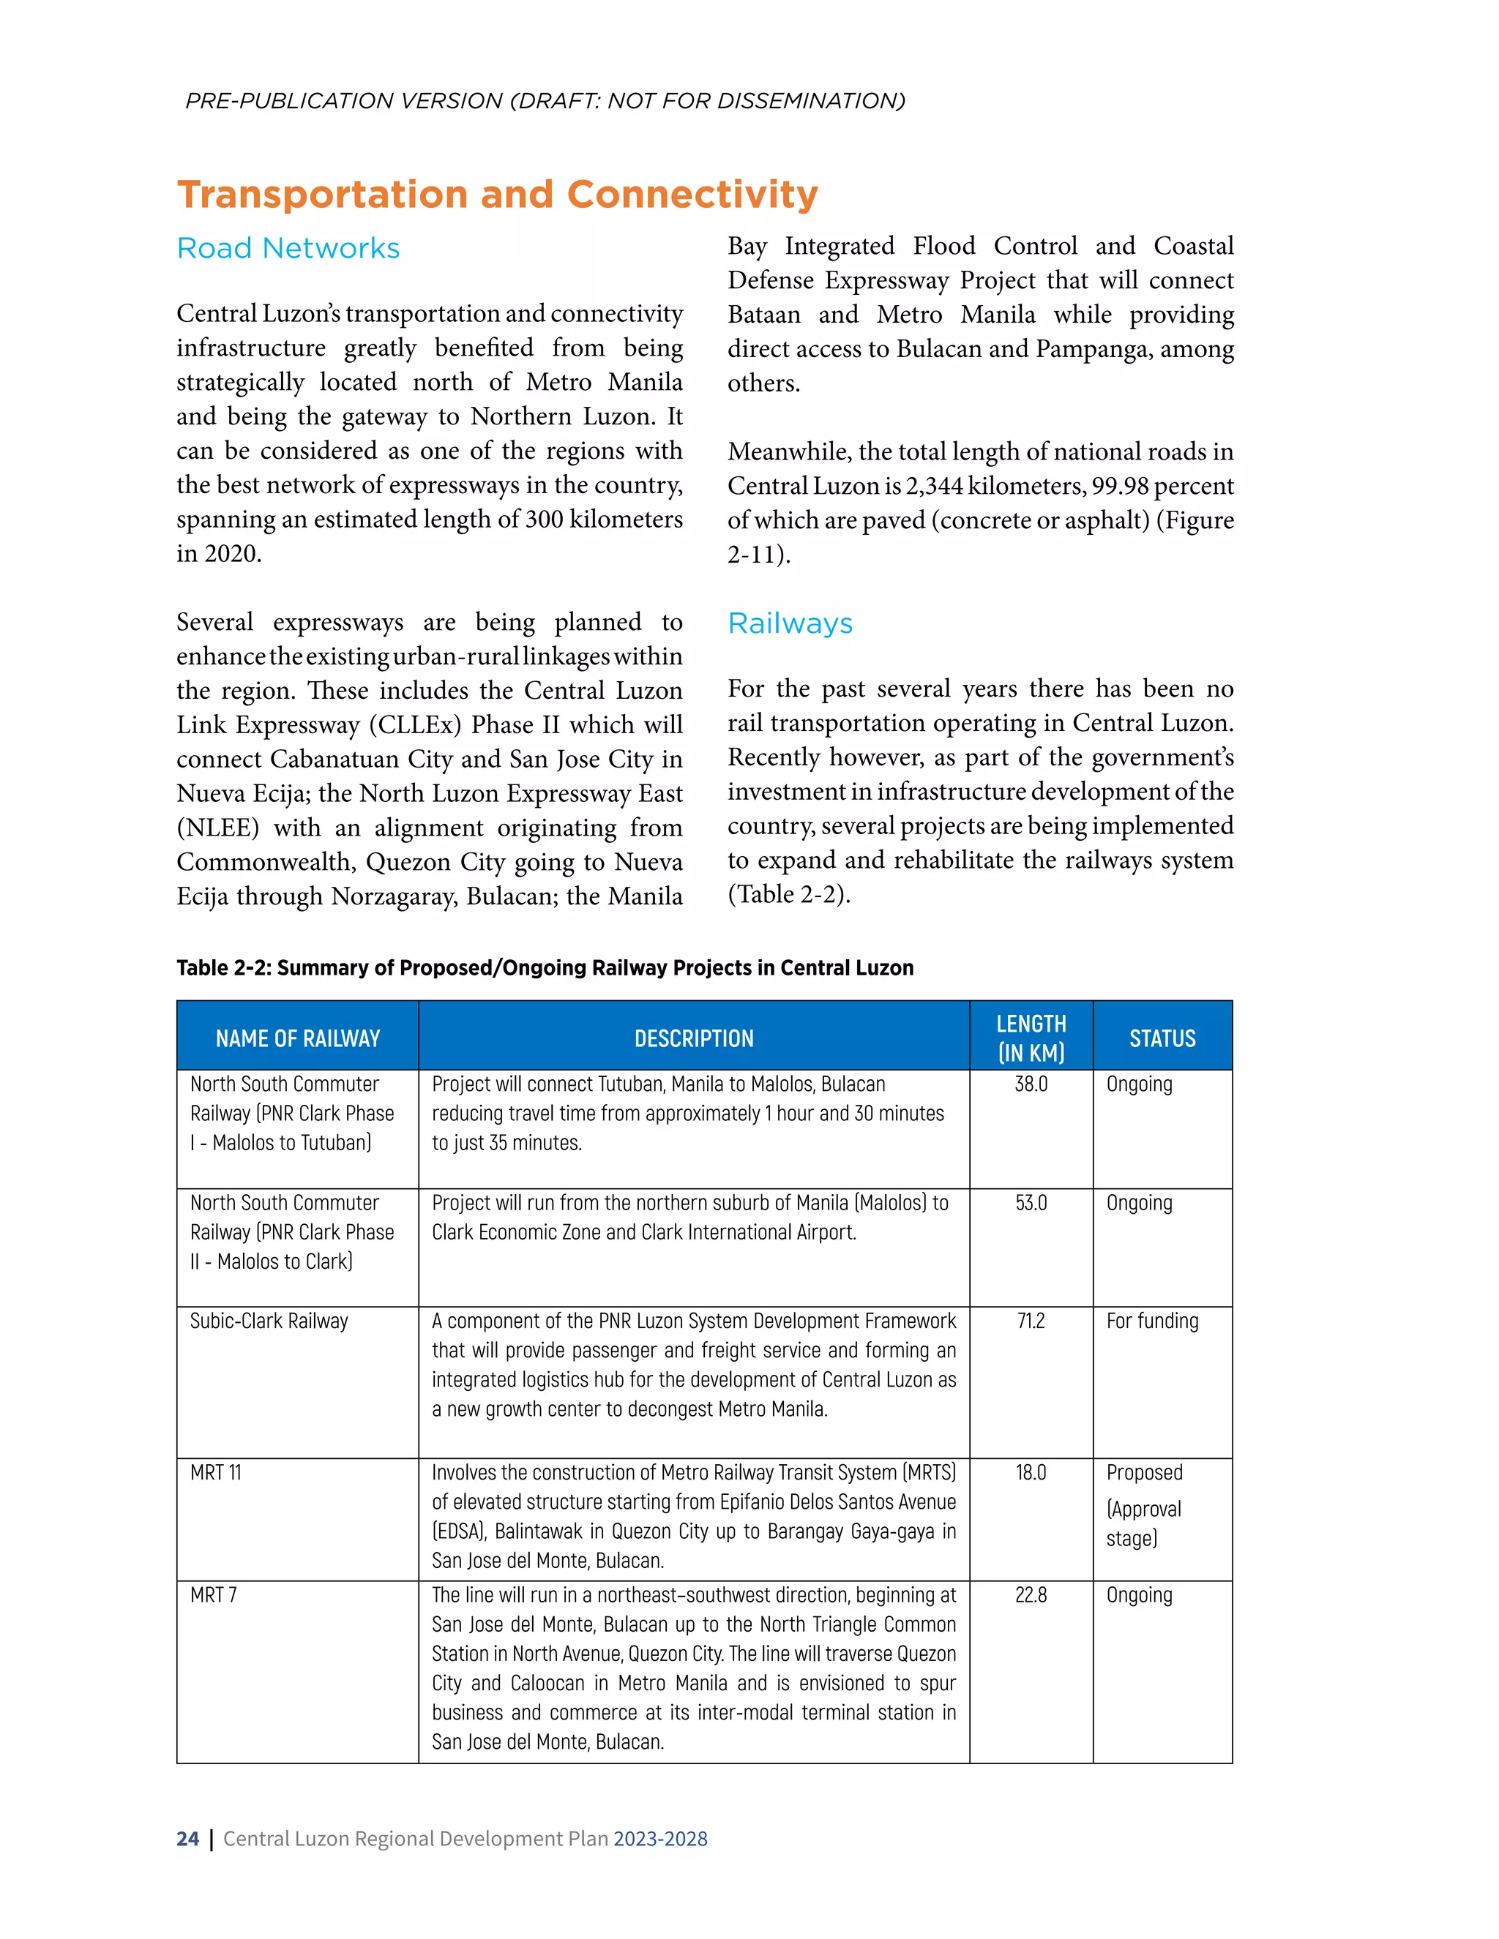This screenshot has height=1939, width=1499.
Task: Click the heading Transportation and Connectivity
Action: pos(497,195)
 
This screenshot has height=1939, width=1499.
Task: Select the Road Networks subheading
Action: pos(288,248)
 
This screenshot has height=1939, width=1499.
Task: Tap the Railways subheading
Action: pos(790,623)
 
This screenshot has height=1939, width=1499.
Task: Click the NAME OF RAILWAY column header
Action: pos(297,1038)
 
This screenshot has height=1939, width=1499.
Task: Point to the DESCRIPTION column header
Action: pos(694,1038)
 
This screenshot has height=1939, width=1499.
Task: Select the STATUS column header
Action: pos(1162,1038)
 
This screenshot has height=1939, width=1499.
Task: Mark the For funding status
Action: pos(1152,1321)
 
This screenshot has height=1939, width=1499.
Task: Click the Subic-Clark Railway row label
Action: pos(269,1321)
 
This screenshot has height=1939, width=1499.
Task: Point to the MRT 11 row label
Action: pos(216,1473)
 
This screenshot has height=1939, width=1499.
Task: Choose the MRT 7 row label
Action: pos(213,1595)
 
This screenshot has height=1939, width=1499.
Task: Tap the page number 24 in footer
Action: pos(187,1839)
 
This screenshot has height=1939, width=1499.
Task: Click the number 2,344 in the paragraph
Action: pos(933,487)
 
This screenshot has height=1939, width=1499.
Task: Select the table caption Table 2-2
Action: pos(545,968)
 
